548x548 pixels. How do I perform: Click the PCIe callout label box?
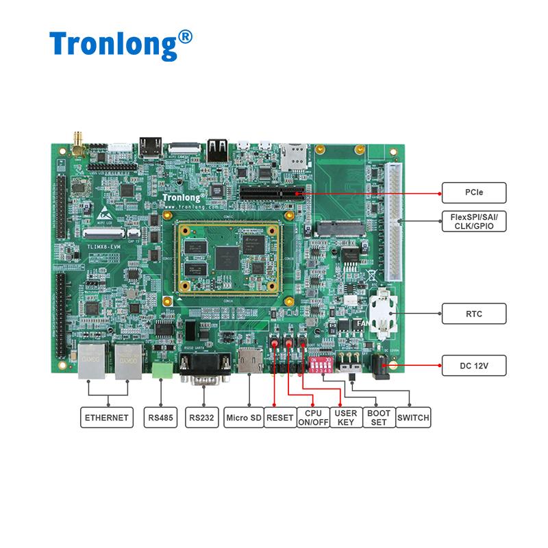[474, 193]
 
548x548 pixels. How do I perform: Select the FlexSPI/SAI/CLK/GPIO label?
[474, 221]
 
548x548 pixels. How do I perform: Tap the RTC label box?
[474, 314]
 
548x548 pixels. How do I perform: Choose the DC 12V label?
[474, 365]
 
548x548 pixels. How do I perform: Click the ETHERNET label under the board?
[106, 417]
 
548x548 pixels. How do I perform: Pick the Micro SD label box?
[243, 417]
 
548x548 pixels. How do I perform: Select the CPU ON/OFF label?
[313, 417]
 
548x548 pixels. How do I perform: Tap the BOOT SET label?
[378, 417]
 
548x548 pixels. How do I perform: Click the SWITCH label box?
[413, 417]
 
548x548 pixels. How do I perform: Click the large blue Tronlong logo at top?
[121, 45]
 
